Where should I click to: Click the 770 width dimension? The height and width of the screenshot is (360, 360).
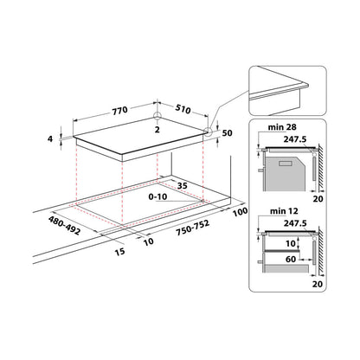[x=120, y=111]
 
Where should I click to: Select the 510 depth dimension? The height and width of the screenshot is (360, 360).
[x=183, y=109]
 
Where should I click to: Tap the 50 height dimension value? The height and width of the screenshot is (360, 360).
[x=228, y=133]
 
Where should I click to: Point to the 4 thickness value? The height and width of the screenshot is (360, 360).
[x=50, y=139]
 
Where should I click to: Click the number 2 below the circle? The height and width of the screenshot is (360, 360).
[x=157, y=130]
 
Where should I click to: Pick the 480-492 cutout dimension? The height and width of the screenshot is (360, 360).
[x=64, y=225]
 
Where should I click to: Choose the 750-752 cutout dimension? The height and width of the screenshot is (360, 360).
[x=193, y=228]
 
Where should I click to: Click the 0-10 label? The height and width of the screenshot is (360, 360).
[x=157, y=196]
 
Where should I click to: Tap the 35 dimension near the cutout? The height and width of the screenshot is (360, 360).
[x=183, y=186]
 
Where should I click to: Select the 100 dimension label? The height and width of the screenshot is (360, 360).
[x=241, y=212]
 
